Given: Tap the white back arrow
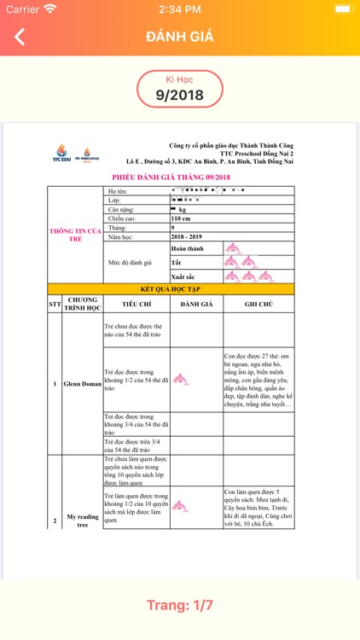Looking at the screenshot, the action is coord(20,37).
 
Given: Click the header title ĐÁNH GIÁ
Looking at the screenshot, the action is coord(180,37).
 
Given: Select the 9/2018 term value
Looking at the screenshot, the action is coord(180,95).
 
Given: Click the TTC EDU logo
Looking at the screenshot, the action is coord(62,153).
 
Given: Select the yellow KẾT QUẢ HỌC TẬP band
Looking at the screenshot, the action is coord(171,289).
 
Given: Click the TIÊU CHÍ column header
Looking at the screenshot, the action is coord(136,303).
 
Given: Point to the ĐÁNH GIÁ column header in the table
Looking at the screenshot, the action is coord(196,303).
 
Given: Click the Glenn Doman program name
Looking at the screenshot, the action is coord(82,384).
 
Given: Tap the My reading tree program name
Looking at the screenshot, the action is coord(82,521).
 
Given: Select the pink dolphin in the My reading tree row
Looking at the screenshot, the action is coord(180,507).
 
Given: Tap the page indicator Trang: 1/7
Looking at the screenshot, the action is coord(180,605).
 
